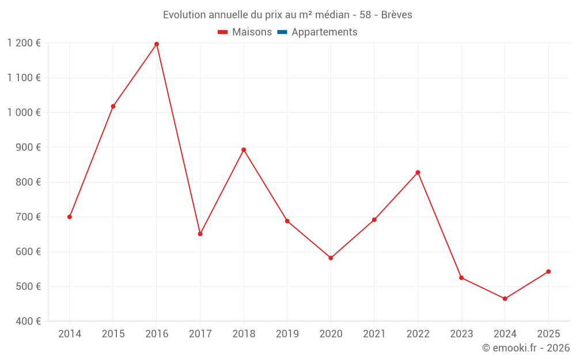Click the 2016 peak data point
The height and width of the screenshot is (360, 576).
[x=157, y=44]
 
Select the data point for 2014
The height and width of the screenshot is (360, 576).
[x=70, y=217]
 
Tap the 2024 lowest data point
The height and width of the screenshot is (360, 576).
[x=505, y=298]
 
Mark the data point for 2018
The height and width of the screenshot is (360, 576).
[x=244, y=150]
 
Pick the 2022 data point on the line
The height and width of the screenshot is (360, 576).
[x=418, y=172]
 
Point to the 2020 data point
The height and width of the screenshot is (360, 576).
[x=331, y=258]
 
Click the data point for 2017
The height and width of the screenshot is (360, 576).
[x=200, y=234]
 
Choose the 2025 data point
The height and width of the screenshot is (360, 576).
[x=548, y=271]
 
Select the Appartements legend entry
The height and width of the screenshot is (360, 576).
[x=324, y=32]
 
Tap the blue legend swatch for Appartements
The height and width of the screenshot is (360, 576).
[x=282, y=32]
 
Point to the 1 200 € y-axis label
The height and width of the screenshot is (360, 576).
[x=24, y=43]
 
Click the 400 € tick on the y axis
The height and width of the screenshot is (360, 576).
[x=27, y=321]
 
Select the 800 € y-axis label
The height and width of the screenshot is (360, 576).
[x=27, y=182]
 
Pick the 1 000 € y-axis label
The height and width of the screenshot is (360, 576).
[x=24, y=112]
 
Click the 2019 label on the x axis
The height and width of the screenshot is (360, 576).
[x=287, y=334]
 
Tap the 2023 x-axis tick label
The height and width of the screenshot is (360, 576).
[x=461, y=334]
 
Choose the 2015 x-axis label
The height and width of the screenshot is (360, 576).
[x=113, y=334]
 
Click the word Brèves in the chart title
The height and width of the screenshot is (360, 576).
[x=397, y=15]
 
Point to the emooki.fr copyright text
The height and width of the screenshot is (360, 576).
[x=525, y=348]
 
